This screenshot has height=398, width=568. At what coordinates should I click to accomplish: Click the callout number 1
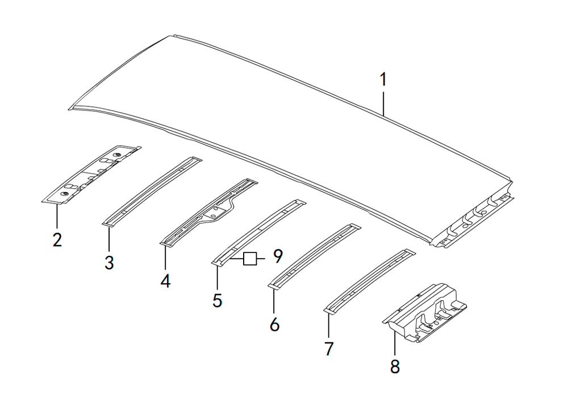(x=383, y=80)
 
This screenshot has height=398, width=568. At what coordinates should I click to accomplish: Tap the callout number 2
(x=57, y=240)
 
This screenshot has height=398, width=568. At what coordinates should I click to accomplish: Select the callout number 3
(x=109, y=262)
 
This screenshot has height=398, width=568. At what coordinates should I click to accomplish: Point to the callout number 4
(x=165, y=281)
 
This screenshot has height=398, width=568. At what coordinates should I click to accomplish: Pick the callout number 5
(x=217, y=301)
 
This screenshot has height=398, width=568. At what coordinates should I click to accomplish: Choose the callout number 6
(x=274, y=324)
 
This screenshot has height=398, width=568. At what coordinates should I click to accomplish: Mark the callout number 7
(x=328, y=349)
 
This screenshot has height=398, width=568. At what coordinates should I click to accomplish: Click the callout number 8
(x=395, y=366)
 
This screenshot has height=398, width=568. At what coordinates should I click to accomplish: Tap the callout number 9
(x=278, y=256)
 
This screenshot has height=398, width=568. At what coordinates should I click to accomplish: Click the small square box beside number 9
(x=250, y=259)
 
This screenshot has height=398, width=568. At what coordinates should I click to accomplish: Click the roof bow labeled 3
(x=152, y=192)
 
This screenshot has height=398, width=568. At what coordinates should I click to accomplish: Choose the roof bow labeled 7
(x=370, y=280)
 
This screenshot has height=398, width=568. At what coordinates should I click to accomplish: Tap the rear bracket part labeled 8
(x=424, y=313)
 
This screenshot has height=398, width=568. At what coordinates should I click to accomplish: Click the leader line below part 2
(x=57, y=217)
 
